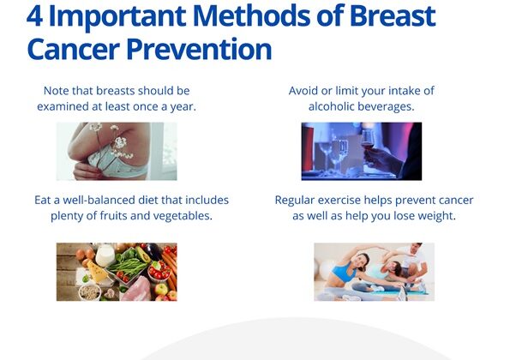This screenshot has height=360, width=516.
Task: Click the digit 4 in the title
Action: pos(34,15)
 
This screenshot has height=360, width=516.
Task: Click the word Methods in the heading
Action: pos(251,15)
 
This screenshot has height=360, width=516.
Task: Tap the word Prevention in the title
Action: pos(199,49)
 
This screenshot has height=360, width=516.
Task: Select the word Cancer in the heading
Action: pos(73,49)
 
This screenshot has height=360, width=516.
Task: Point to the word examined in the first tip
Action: pos(58,106)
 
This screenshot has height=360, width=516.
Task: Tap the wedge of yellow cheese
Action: pos(97,272)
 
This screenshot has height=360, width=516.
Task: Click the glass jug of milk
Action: pos(105,255)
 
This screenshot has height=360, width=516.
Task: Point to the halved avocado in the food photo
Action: pos(143,254)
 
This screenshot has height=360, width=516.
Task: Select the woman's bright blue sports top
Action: pos(344,272)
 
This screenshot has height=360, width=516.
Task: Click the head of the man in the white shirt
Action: pos(416,249)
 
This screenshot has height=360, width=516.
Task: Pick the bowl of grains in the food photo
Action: pos(89,292)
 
